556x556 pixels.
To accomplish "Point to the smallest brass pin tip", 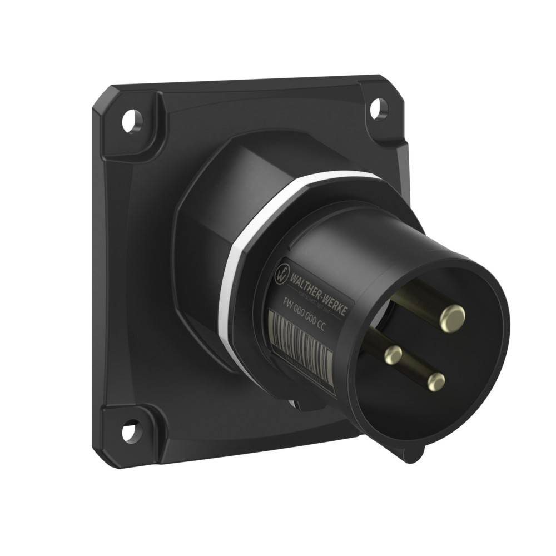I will (x=393, y=353).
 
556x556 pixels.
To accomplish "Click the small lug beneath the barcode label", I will (x=300, y=404).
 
